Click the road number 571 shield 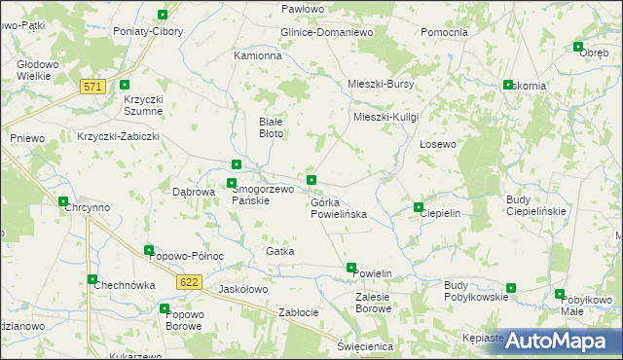click(x=92, y=87)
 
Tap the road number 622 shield click(x=190, y=281)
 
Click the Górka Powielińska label click(x=338, y=207)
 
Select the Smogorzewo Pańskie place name click(x=262, y=195)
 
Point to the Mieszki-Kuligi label click(x=385, y=117)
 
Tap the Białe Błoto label click(x=271, y=127)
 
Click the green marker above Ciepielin click(x=419, y=207)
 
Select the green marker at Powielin click(x=351, y=268)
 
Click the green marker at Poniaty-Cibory click(x=162, y=15)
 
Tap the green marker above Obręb click(x=578, y=47)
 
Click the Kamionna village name click(x=258, y=56)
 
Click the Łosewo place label click(x=437, y=144)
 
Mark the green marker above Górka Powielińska click(x=311, y=180)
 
